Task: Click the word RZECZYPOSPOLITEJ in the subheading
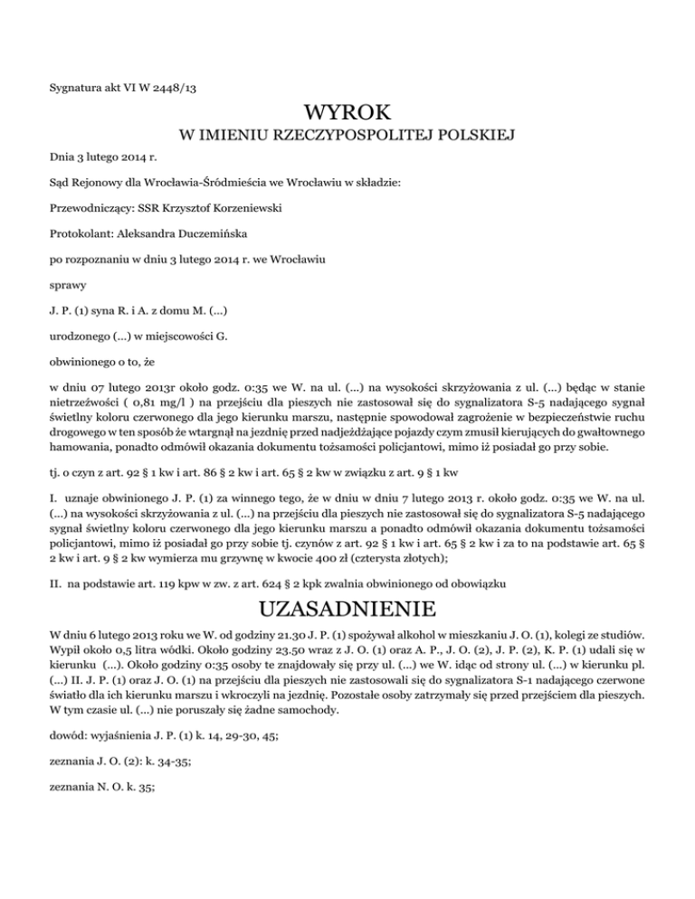click(351, 137)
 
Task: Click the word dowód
click(68, 736)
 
